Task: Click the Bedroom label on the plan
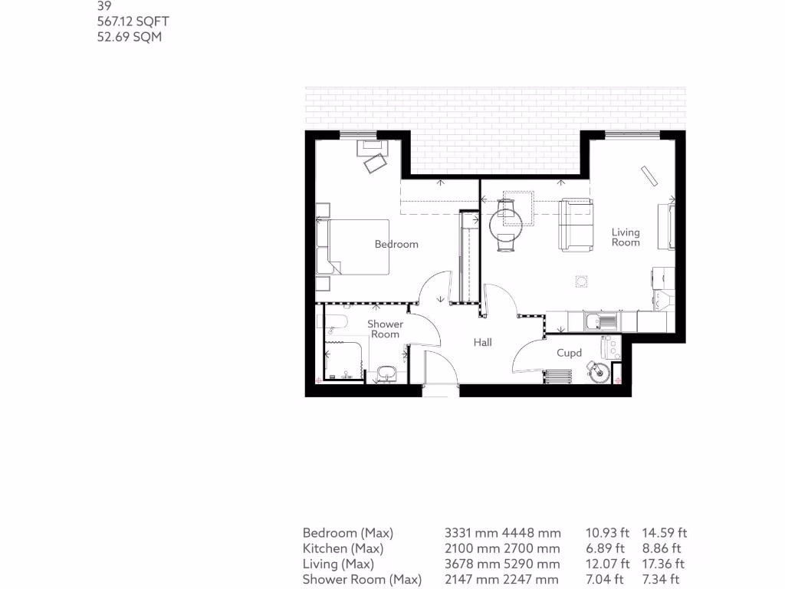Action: [396, 244]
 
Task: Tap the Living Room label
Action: [626, 237]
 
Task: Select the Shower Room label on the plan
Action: [385, 329]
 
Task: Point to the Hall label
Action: [482, 343]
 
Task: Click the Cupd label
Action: [569, 353]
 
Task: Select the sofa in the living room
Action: [576, 225]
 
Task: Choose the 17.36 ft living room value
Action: [663, 564]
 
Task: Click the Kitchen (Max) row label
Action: [343, 548]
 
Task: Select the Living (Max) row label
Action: [337, 564]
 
